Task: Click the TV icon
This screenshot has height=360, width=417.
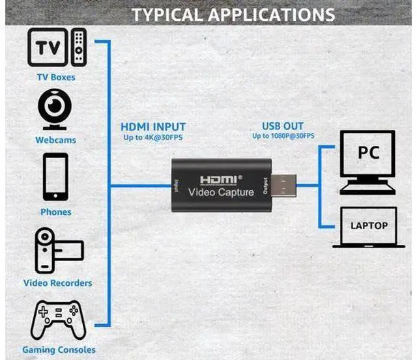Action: click(x=48, y=48)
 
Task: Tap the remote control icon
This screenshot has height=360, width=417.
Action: click(x=79, y=48)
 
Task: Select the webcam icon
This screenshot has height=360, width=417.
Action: click(x=55, y=109)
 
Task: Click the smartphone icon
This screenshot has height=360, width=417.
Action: click(x=55, y=176)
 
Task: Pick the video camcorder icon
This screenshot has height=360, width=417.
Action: click(x=59, y=250)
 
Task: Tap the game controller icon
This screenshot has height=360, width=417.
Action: click(x=58, y=320)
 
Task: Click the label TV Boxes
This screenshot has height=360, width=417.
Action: click(x=56, y=77)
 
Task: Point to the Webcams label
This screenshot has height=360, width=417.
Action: click(x=56, y=140)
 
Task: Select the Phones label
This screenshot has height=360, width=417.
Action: click(x=56, y=212)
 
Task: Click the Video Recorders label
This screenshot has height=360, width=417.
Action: click(x=58, y=283)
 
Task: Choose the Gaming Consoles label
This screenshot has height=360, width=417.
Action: click(x=59, y=350)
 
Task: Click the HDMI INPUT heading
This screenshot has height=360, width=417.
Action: click(x=153, y=127)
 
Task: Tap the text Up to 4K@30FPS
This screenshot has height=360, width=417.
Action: click(x=153, y=137)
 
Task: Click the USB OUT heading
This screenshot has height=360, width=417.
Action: click(x=283, y=126)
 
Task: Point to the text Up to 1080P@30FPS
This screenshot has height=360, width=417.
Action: click(x=283, y=136)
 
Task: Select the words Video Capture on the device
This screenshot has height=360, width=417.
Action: click(x=221, y=192)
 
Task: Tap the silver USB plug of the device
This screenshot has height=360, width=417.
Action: click(x=284, y=186)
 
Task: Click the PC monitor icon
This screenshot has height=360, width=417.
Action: click(x=367, y=162)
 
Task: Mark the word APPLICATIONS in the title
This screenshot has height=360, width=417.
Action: click(x=271, y=14)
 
